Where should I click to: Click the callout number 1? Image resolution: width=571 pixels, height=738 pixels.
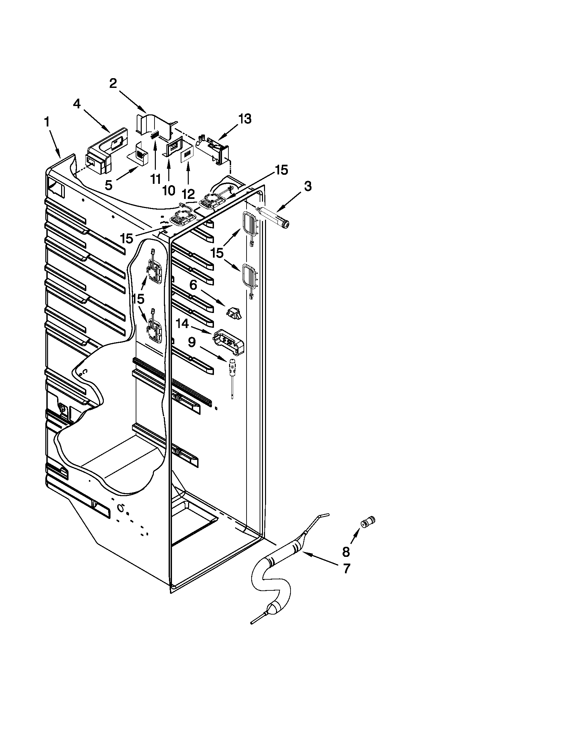pyautogui.click(x=47, y=123)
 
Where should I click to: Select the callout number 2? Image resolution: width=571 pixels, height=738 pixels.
pyautogui.click(x=113, y=84)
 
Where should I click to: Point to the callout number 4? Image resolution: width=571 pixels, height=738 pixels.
pyautogui.click(x=77, y=104)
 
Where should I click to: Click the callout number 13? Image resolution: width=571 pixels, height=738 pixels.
pyautogui.click(x=245, y=119)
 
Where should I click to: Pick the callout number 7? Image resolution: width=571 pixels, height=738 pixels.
pyautogui.click(x=346, y=569)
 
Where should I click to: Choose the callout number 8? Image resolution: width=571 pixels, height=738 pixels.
pyautogui.click(x=346, y=552)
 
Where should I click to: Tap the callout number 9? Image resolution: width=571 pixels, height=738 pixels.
pyautogui.click(x=192, y=343)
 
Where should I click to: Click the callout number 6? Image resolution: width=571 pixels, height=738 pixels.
pyautogui.click(x=193, y=285)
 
